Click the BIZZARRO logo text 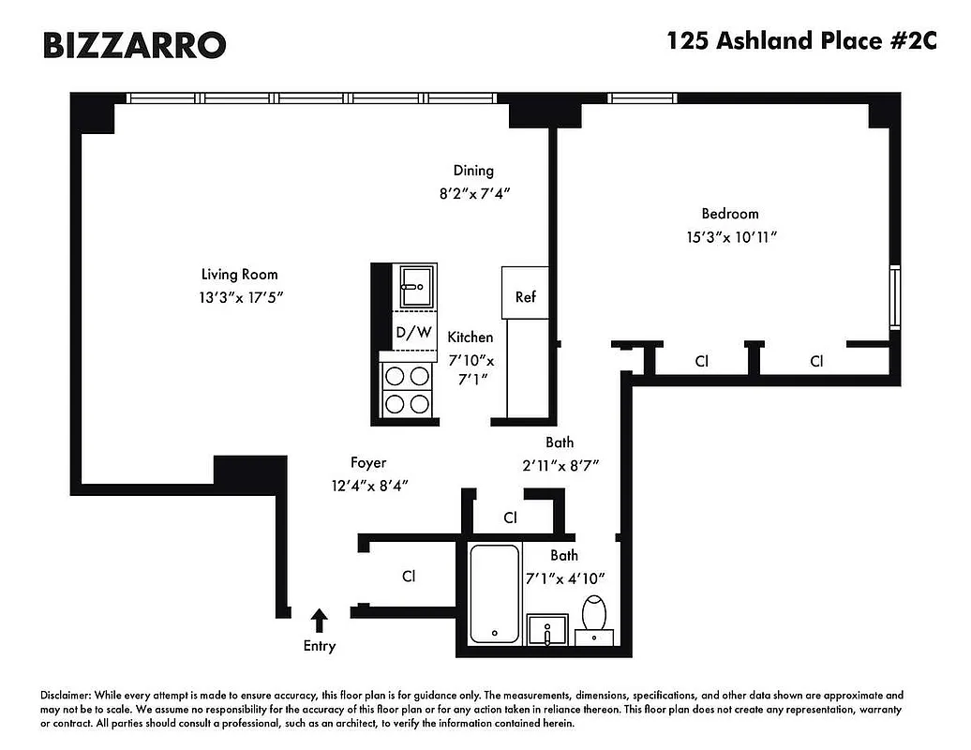pyautogui.click(x=134, y=44)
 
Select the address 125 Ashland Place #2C pyautogui.click(x=800, y=41)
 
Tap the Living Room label pyautogui.click(x=239, y=275)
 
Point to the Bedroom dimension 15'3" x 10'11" pyautogui.click(x=731, y=237)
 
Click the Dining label pyautogui.click(x=473, y=171)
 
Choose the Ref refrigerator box pyautogui.click(x=525, y=297)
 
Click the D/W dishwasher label pyautogui.click(x=413, y=332)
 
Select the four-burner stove pyautogui.click(x=407, y=389)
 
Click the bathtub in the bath pyautogui.click(x=493, y=593)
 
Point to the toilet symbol pyautogui.click(x=594, y=613)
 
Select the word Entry pyautogui.click(x=319, y=646)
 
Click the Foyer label pyautogui.click(x=368, y=462)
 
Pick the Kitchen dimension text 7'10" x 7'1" pyautogui.click(x=471, y=370)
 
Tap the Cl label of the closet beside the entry pyautogui.click(x=408, y=577)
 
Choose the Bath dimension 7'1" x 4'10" pyautogui.click(x=564, y=578)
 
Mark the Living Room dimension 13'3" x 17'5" pyautogui.click(x=239, y=297)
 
